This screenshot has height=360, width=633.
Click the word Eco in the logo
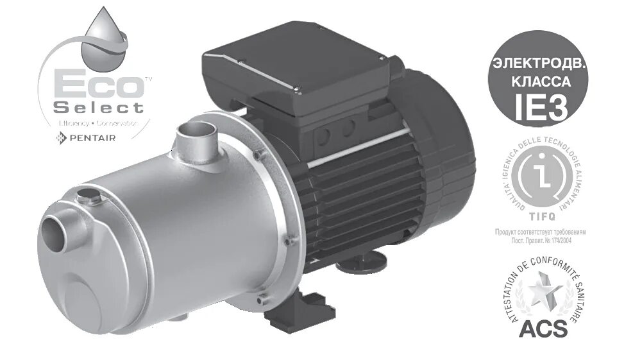[x=95, y=85]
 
